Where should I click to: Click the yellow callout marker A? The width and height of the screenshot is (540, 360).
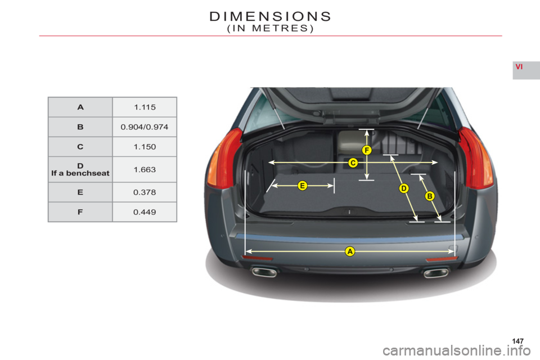tap(350, 251)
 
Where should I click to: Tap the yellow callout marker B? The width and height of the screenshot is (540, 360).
tap(429, 196)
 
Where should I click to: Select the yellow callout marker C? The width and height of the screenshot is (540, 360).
tap(353, 163)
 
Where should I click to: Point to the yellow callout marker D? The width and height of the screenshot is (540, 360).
tap(404, 188)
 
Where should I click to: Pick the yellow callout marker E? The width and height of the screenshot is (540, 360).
tap(303, 186)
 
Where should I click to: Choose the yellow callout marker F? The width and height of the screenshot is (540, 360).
tap(367, 150)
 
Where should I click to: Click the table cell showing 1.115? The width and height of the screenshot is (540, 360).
tap(145, 107)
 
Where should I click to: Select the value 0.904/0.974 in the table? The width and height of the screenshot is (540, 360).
tap(145, 127)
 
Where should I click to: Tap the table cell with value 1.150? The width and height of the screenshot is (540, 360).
tap(145, 147)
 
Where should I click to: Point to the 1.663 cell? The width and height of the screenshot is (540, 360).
tap(145, 169)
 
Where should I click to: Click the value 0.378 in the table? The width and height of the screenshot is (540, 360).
tap(145, 192)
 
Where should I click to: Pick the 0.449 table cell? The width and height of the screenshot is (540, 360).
tap(145, 212)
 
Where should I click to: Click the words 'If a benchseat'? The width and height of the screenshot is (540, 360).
tap(80, 173)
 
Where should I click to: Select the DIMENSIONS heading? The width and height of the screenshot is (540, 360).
tap(271, 16)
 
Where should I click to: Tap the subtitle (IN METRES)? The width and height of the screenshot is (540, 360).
tap(271, 28)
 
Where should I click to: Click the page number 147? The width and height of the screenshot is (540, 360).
tap(518, 341)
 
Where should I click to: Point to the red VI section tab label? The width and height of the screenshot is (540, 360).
tap(519, 67)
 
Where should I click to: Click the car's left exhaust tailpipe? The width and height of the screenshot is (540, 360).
tap(264, 272)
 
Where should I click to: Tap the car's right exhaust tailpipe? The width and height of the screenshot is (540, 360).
tap(436, 273)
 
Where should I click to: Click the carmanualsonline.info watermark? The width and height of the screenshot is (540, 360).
tap(457, 351)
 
